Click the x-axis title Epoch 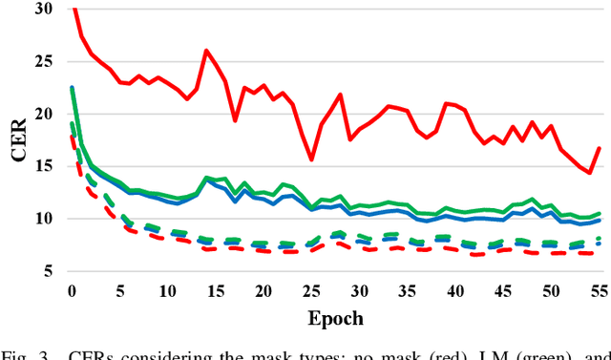[334, 317]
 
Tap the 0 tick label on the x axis [71, 290]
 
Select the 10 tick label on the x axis [167, 290]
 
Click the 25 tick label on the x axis [311, 290]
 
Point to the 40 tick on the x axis [455, 290]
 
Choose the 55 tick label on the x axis [599, 290]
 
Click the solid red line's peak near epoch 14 [205, 51]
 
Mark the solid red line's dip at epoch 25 [311, 159]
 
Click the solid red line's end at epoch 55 [599, 148]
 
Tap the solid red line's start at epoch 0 [73, 9]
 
